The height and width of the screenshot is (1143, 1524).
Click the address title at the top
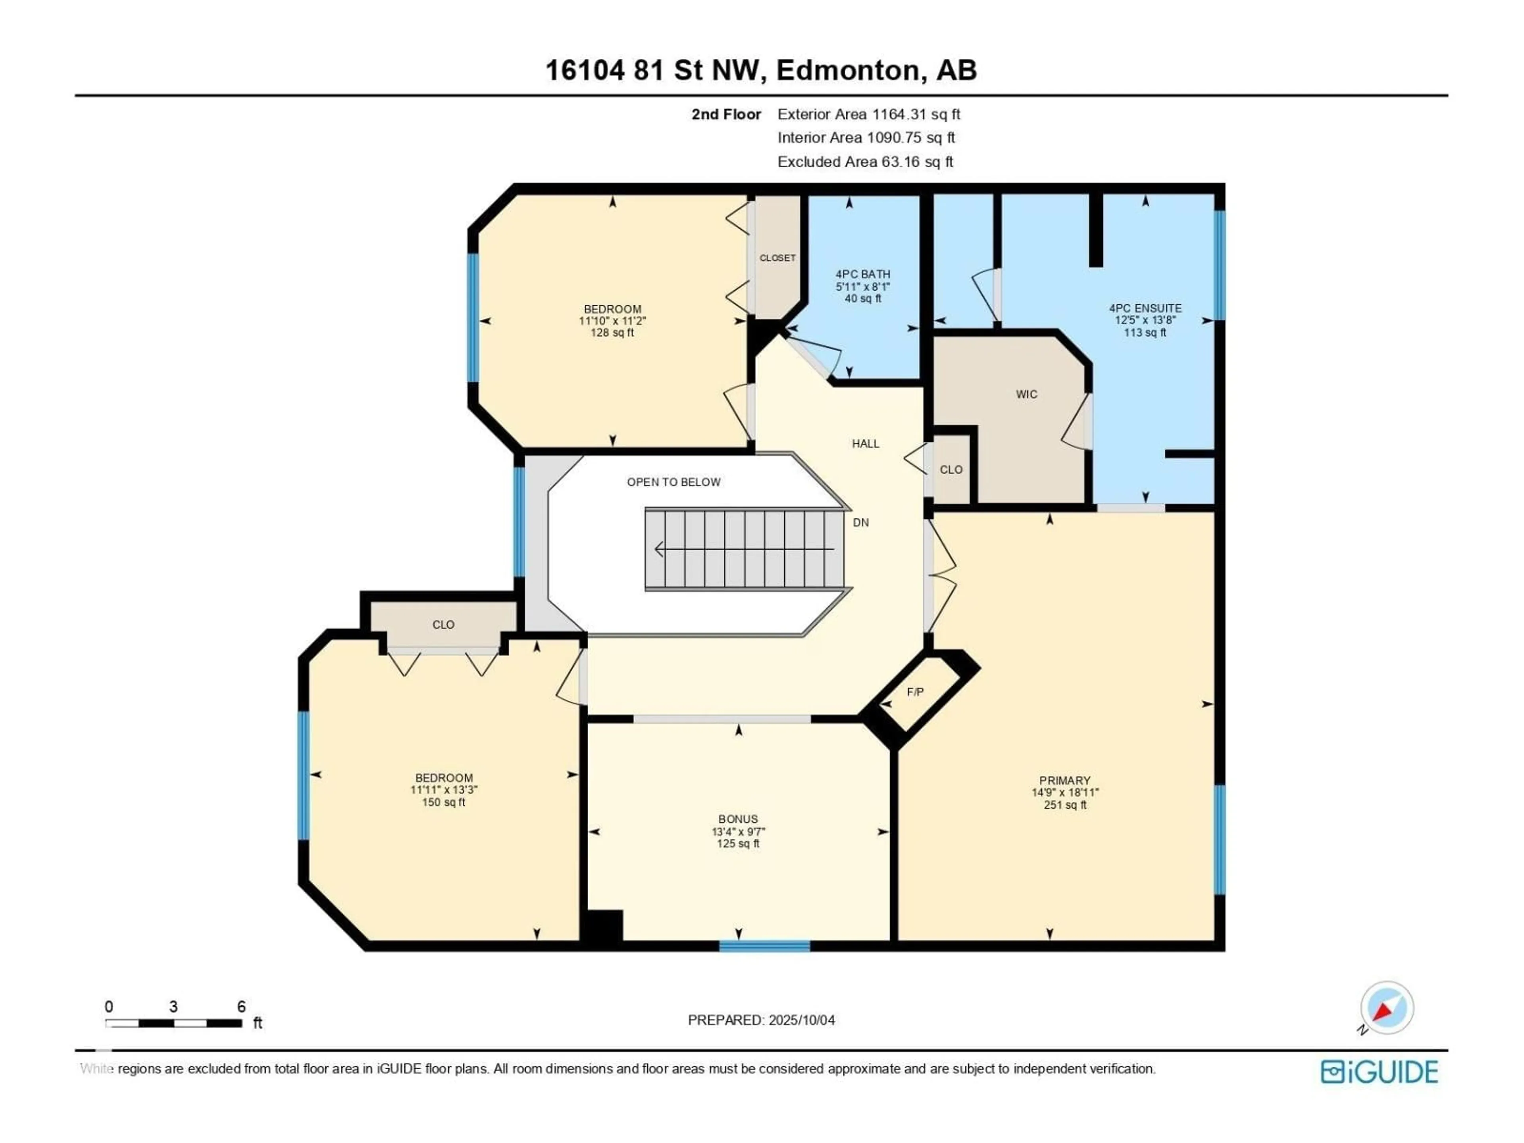761,70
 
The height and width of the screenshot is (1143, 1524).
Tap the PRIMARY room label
1064,781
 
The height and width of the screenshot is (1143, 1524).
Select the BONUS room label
738,819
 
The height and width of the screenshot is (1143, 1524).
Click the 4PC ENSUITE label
1145,308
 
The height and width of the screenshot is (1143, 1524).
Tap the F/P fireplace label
915,692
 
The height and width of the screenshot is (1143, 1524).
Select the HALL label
865,444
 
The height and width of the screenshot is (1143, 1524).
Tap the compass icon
1387,1008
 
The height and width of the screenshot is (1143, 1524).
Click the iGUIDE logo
1379,1072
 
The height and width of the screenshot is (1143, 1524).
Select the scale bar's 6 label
241,1006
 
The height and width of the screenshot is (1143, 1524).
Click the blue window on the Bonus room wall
765,946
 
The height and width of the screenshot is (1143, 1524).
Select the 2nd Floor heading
726,114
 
